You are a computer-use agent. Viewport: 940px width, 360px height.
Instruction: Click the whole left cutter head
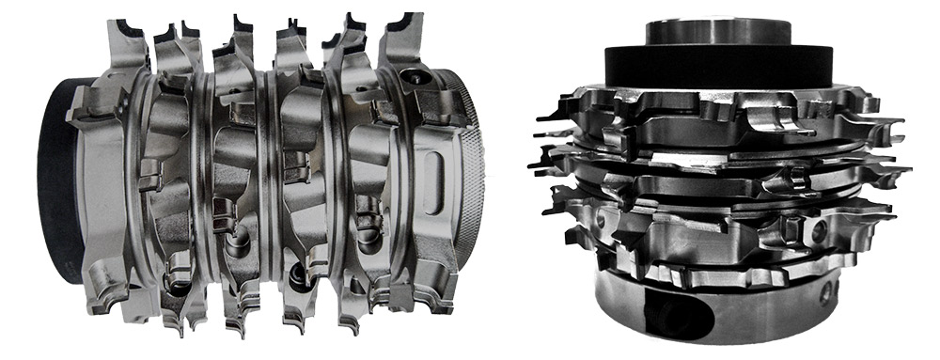coord(263,179)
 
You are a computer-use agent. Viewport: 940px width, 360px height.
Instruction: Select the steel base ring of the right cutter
coord(733,315)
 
